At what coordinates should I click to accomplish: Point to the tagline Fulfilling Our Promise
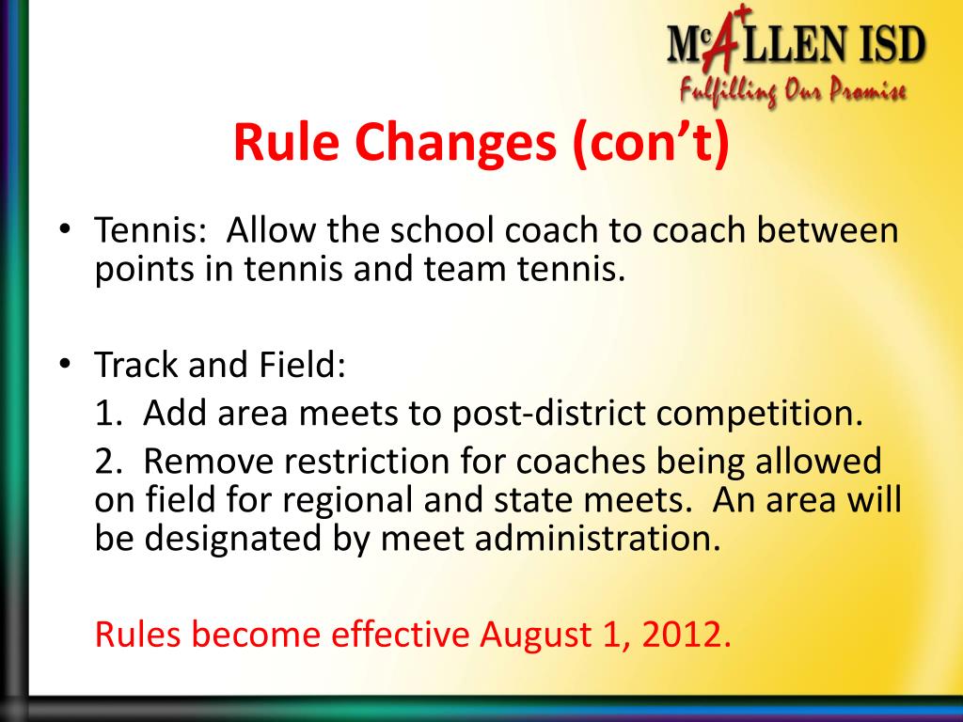click(793, 91)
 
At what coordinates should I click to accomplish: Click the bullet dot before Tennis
click(64, 230)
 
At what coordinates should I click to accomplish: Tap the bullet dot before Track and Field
click(64, 364)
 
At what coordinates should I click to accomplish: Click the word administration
click(598, 539)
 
